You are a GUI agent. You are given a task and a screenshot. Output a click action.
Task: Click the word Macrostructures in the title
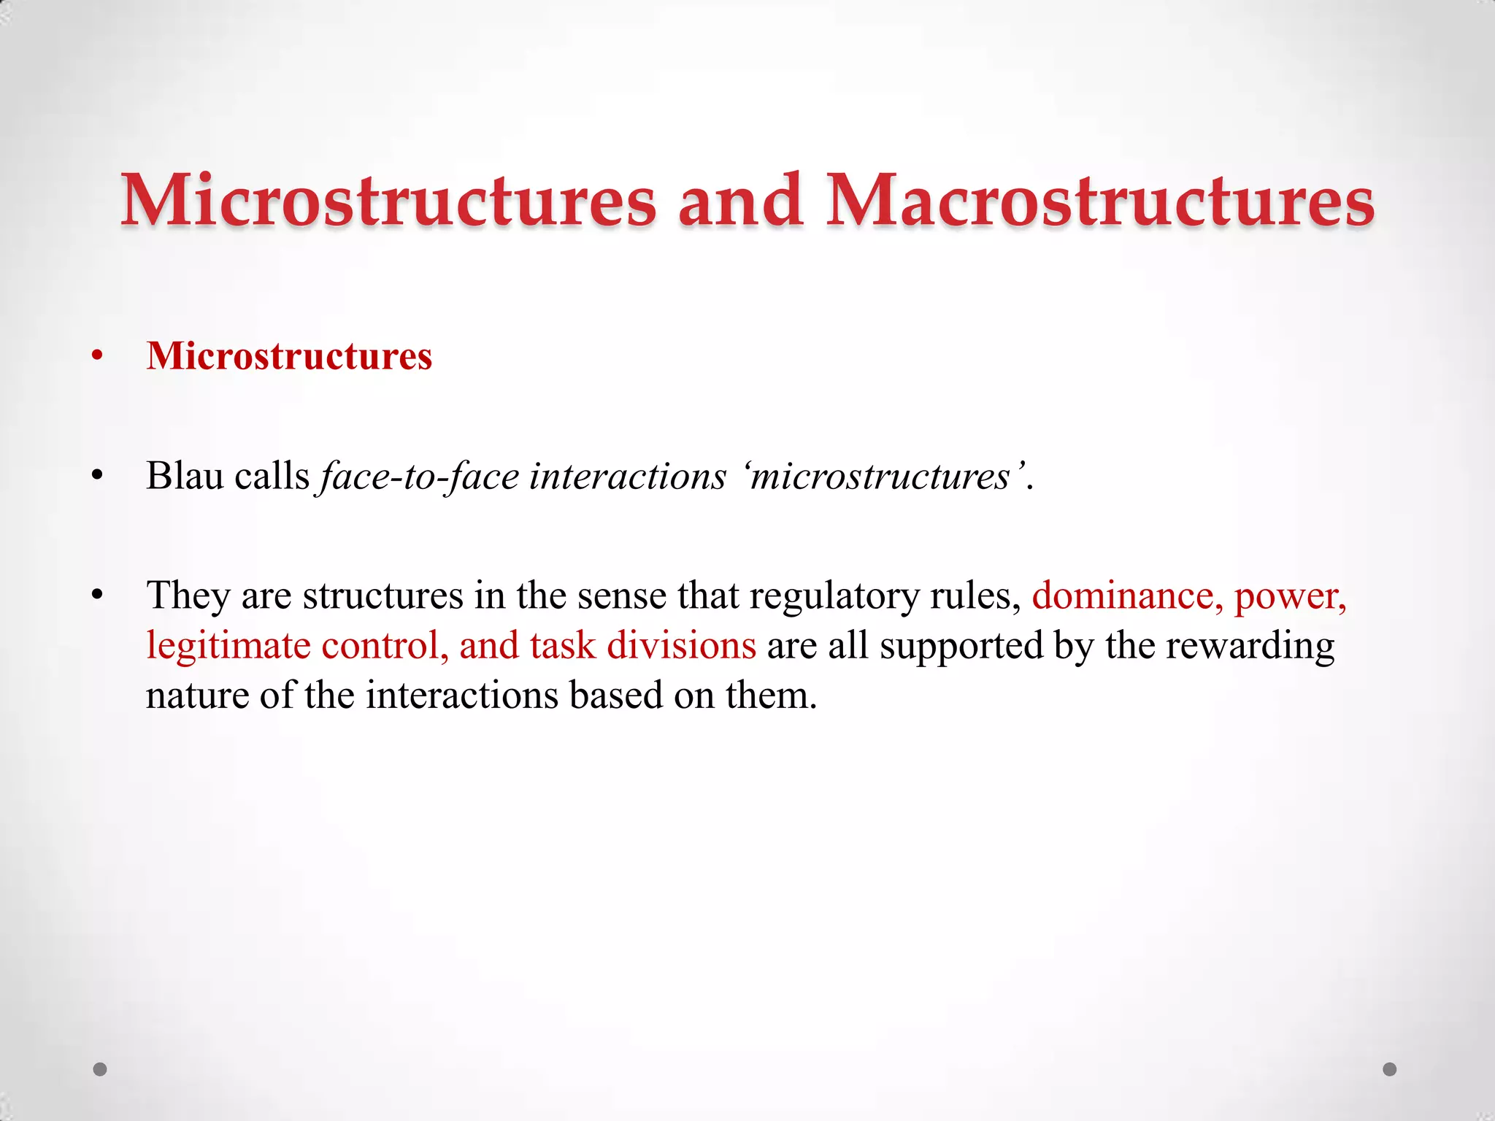pyautogui.click(x=1100, y=201)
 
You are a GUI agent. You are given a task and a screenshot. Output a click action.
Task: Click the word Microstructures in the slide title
pyautogui.click(x=388, y=201)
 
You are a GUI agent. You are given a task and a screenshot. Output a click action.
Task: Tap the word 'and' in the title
pyautogui.click(x=740, y=201)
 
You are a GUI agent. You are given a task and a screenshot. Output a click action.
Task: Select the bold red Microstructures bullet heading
pyautogui.click(x=289, y=356)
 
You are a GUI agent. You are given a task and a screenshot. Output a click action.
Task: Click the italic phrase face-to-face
pyautogui.click(x=420, y=476)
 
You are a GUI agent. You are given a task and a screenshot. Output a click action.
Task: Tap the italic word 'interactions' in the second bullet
pyautogui.click(x=628, y=476)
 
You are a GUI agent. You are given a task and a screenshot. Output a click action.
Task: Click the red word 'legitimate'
pyautogui.click(x=228, y=646)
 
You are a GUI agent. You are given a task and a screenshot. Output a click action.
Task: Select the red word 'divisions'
pyautogui.click(x=681, y=645)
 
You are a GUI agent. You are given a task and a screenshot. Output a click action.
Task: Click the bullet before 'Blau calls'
pyautogui.click(x=98, y=477)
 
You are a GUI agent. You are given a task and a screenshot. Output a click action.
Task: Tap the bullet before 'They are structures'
pyautogui.click(x=98, y=596)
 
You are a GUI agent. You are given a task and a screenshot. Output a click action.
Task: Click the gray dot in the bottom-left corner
pyautogui.click(x=100, y=1069)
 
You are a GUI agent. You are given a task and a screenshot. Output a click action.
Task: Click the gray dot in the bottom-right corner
pyautogui.click(x=1390, y=1069)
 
